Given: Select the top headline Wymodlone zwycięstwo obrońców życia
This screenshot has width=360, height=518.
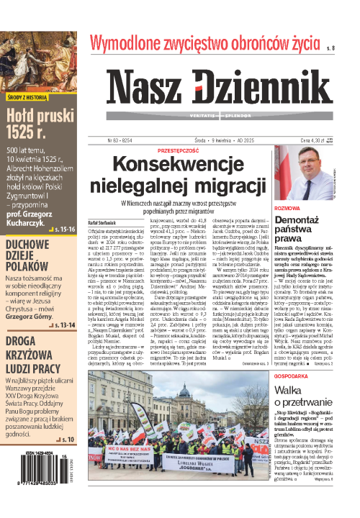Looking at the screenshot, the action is pyautogui.click(x=202, y=43).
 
